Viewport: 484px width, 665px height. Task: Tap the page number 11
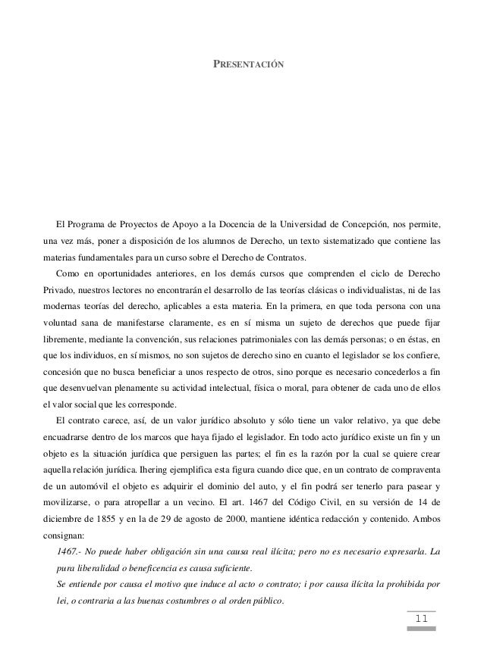(421, 621)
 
